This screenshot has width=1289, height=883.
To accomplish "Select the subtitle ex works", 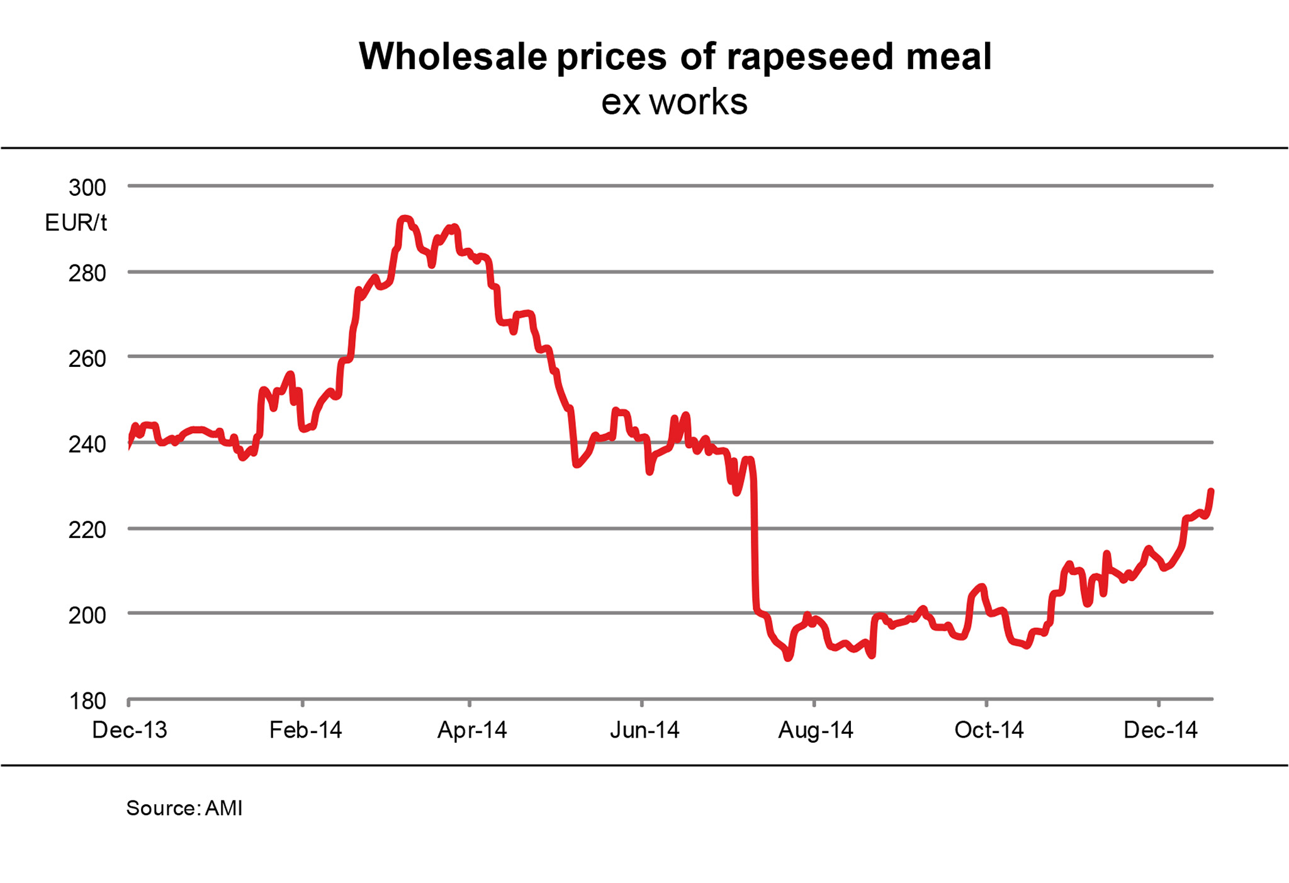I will coord(674,102).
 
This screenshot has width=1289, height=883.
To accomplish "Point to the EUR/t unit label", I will coord(76,223).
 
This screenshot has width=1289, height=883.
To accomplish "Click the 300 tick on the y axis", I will coord(87,187).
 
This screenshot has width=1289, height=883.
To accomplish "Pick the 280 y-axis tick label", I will coord(87,273).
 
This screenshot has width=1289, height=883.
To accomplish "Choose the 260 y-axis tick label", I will coord(87,359).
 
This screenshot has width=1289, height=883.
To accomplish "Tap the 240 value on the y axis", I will coord(87,444).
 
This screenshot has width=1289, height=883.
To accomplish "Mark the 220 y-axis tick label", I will coord(87,530).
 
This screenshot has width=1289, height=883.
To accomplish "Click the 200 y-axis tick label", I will coord(87,615).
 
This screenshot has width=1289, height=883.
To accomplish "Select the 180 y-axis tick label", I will coord(87,700).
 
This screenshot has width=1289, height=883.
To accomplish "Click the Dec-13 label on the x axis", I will coord(130,730).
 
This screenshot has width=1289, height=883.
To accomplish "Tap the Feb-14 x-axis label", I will coord(305,730).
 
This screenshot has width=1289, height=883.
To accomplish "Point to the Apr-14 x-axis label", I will coord(472,730).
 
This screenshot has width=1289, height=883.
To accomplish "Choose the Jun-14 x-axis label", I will coord(644,730).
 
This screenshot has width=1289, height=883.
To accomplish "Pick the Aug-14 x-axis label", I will coord(816,730).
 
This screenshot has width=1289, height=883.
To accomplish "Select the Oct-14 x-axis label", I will coord(989,730).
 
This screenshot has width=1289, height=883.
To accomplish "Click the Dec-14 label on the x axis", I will coord(1161,730).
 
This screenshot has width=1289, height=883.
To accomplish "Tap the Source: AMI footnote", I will coord(184,808).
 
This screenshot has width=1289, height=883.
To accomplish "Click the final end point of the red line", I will coord(1211,491).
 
